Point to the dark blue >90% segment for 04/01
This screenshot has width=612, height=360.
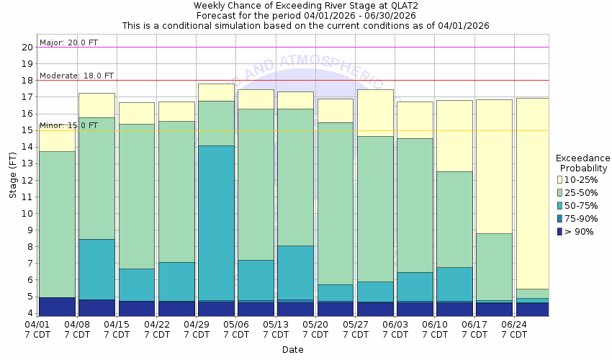58,307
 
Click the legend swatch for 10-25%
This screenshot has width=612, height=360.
559,179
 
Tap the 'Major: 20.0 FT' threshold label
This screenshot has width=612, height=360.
68,42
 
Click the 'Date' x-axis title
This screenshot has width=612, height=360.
292,350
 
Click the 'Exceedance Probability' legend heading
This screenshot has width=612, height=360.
583,163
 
